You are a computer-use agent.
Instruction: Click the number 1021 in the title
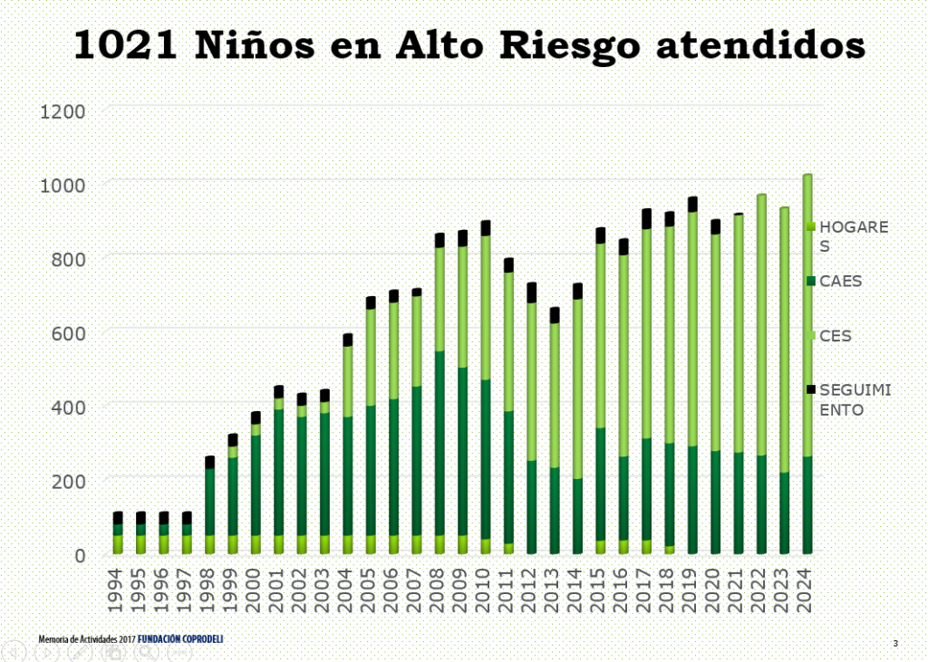tap(128, 45)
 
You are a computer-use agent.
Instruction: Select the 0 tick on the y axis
tap(80, 554)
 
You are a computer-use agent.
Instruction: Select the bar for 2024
tap(807, 362)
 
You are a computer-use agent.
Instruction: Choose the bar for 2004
tap(348, 444)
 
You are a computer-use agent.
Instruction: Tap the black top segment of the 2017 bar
tap(647, 218)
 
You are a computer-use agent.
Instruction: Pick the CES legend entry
tap(836, 336)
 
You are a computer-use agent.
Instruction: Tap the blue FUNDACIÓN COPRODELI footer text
tap(180, 639)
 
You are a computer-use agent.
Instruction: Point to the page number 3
tap(895, 643)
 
